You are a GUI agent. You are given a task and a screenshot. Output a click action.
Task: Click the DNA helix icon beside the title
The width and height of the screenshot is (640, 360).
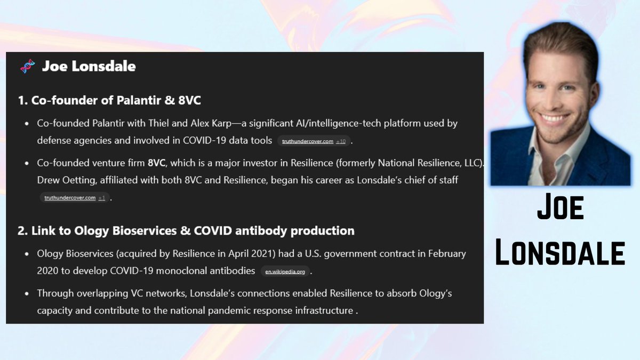pyautogui.click(x=27, y=66)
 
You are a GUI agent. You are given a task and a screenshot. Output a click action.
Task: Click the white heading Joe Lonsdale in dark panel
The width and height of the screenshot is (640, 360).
pyautogui.click(x=89, y=66)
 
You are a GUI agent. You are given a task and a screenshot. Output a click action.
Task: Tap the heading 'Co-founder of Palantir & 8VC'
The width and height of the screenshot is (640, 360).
pyautogui.click(x=109, y=100)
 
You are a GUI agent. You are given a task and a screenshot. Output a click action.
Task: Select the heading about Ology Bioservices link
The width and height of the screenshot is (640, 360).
pyautogui.click(x=186, y=230)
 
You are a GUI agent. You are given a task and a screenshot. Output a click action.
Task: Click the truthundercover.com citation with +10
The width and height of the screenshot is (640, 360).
pyautogui.click(x=314, y=141)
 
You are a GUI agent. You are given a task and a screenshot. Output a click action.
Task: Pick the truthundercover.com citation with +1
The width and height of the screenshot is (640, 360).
pyautogui.click(x=75, y=198)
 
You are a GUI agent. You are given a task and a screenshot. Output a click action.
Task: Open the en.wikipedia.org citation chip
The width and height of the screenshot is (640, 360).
pyautogui.click(x=285, y=271)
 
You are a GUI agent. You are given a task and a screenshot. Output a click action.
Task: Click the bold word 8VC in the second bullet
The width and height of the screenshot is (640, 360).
pyautogui.click(x=156, y=163)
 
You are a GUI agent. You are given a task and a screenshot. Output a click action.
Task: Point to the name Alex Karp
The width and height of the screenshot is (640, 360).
pyautogui.click(x=211, y=123)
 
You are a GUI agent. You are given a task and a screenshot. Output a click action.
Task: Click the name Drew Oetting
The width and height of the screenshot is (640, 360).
pyautogui.click(x=66, y=180)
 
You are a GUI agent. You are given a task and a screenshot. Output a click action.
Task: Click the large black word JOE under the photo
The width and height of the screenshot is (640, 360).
pyautogui.click(x=561, y=206)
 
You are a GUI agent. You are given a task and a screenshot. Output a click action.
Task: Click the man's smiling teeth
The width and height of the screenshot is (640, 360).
pyautogui.click(x=553, y=118)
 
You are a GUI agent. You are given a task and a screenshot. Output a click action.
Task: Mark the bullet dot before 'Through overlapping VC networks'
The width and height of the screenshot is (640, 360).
pyautogui.click(x=27, y=293)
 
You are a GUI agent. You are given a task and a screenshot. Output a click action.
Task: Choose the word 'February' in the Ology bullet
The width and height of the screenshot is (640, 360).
pyautogui.click(x=447, y=254)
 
